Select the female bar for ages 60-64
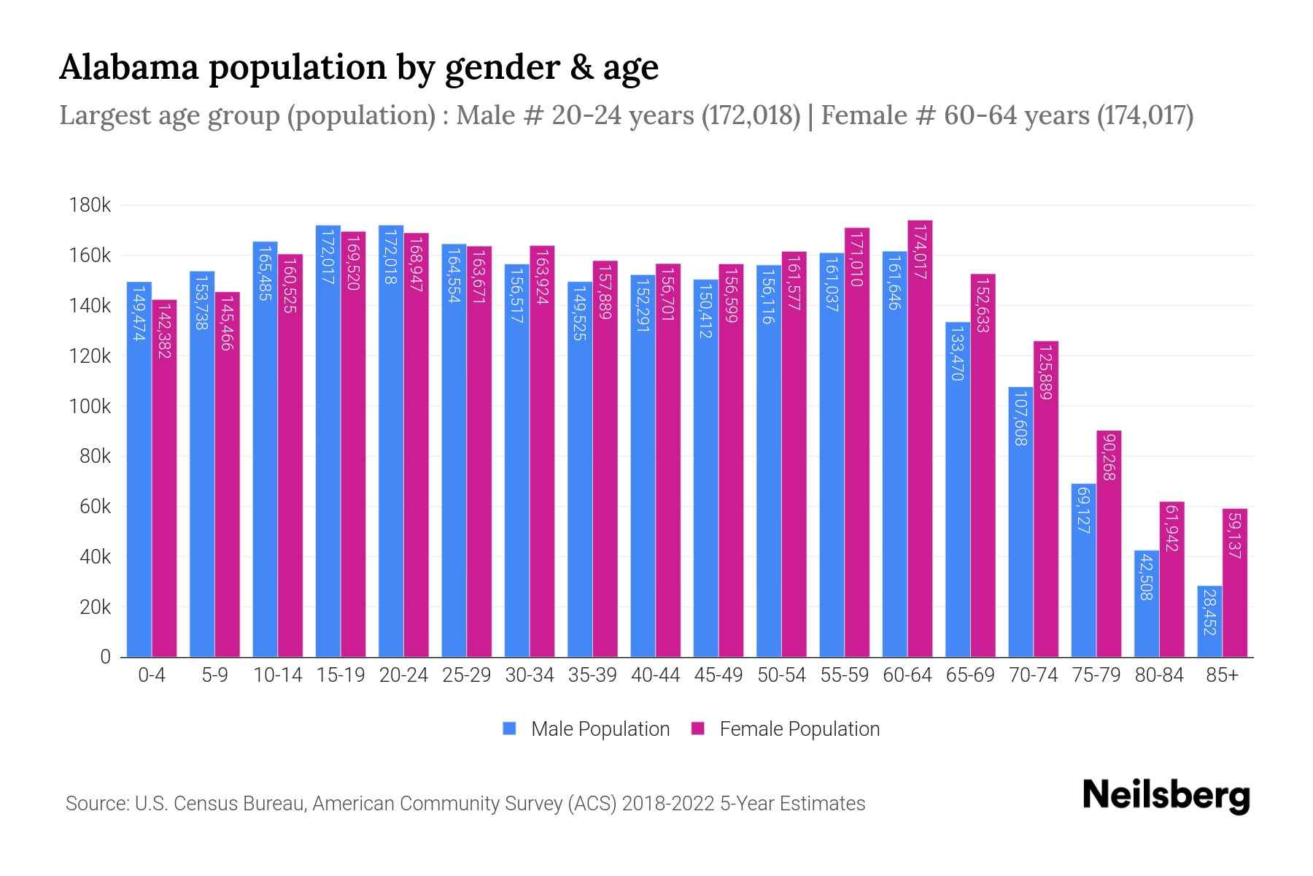920,438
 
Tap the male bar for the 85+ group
1209,621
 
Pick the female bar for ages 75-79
1109,544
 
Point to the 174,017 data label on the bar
920,252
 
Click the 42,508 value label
1146,577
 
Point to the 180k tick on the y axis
90,206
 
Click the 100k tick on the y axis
90,407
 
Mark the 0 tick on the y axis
105,657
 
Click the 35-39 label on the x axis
592,675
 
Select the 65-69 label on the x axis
970,675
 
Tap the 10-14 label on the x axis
277,675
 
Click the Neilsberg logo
1166,795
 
